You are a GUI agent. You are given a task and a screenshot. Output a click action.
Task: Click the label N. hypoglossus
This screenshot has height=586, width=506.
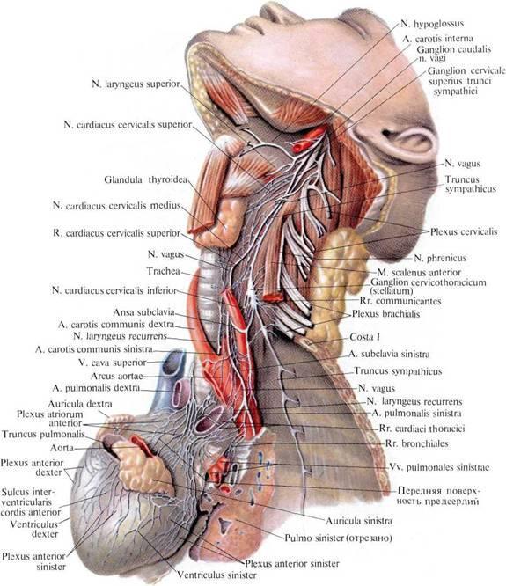click(x=432, y=24)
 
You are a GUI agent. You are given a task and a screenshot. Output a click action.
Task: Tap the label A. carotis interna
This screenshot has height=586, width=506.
click(x=437, y=39)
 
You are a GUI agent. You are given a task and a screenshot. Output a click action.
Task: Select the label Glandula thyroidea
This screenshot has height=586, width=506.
click(x=146, y=179)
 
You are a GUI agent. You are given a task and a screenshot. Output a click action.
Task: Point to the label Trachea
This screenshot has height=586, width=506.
click(x=164, y=271)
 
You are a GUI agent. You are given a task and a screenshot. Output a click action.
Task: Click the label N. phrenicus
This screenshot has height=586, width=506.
click(x=440, y=258)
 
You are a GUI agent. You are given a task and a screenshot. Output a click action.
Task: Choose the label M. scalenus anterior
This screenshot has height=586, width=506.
click(x=419, y=272)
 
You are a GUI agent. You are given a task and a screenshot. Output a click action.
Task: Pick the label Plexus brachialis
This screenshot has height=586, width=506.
click(x=385, y=314)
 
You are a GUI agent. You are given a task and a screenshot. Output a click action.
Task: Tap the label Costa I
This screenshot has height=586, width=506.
click(x=364, y=337)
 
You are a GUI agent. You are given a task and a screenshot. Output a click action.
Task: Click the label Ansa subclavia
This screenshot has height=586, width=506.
click(x=143, y=312)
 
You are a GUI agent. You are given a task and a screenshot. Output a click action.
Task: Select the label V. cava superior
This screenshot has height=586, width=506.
click(x=113, y=363)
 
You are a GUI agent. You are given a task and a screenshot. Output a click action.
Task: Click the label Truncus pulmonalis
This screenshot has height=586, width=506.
click(x=43, y=435)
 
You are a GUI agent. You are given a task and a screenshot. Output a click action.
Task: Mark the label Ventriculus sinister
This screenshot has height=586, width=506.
click(x=216, y=575)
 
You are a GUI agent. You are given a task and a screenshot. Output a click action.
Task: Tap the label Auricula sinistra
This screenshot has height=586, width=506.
click(x=359, y=521)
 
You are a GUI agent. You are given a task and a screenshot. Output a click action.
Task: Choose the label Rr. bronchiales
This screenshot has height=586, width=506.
click(x=417, y=443)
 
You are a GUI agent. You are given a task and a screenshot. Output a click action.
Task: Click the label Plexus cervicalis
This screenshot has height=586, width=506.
click(x=464, y=231)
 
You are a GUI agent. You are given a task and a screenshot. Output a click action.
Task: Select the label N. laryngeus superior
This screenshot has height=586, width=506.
click(x=136, y=84)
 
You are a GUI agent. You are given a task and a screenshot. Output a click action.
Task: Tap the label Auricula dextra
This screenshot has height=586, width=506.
click(x=80, y=404)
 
